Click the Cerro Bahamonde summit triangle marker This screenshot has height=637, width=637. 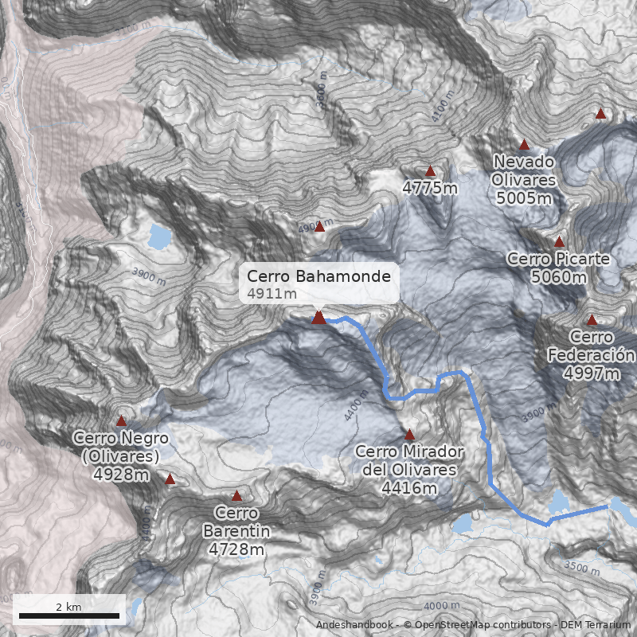coord(318,318)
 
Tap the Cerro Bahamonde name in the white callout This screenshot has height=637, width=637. coord(318,276)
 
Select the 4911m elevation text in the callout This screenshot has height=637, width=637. coord(272,294)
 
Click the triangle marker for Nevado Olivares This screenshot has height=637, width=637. coord(524,145)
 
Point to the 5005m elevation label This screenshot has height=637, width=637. coord(523,198)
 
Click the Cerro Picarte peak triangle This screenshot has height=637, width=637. coord(559,241)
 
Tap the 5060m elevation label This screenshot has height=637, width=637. coord(558,277)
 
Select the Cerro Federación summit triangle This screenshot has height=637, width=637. coord(592,320)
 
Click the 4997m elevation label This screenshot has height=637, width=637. coord(591,373)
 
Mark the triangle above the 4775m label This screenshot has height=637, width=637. coord(430,171)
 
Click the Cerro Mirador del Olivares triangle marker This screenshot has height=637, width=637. coord(409,435)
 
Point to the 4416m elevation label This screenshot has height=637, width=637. coord(409,487)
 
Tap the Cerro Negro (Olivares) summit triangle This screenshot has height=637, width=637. coord(121,420)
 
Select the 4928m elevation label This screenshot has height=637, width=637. coord(121,475)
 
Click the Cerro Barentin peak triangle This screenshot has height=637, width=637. coord(236,496)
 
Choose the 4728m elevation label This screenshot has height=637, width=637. coord(236,549)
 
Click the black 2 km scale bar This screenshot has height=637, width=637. coord(68,616)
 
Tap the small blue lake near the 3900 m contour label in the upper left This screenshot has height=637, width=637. coord(159,236)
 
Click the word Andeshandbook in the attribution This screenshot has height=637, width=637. coord(354,625)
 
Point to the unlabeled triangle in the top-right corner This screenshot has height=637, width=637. coord(601,114)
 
